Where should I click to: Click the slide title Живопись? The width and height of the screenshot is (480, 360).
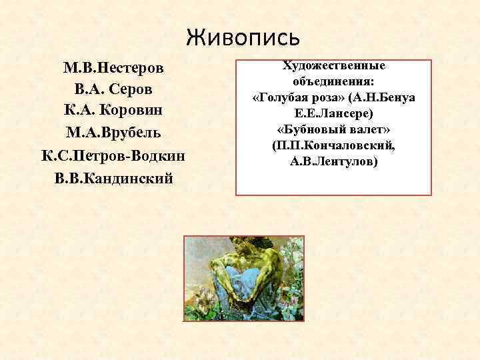click(243, 37)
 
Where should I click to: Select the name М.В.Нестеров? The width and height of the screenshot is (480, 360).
click(113, 68)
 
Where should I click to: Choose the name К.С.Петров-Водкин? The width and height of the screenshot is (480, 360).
click(113, 156)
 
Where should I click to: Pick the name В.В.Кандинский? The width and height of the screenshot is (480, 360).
click(113, 178)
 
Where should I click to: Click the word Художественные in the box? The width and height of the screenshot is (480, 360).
click(334, 66)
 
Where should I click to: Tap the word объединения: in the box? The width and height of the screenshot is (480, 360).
click(334, 82)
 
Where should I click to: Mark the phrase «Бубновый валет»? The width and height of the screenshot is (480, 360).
click(334, 129)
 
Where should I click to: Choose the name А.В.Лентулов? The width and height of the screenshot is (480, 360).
click(334, 161)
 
